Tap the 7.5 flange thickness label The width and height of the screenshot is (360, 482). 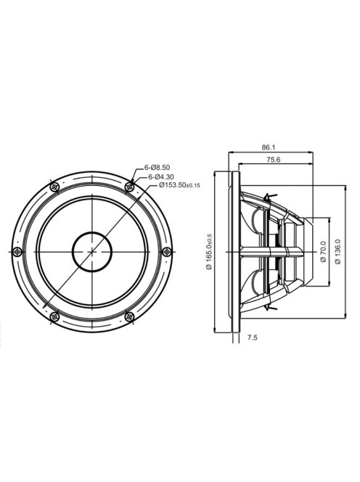(252, 338)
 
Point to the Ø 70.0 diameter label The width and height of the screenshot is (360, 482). (322, 251)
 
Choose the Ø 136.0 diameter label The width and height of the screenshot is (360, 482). (337, 251)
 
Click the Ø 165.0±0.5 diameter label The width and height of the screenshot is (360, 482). (209, 251)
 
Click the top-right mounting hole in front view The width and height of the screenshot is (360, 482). (129, 187)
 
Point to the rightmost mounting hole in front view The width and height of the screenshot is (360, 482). (167, 251)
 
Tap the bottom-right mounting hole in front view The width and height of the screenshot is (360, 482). (129, 315)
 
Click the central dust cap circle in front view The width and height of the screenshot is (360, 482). (92, 251)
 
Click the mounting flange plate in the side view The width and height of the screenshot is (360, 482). (235, 251)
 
